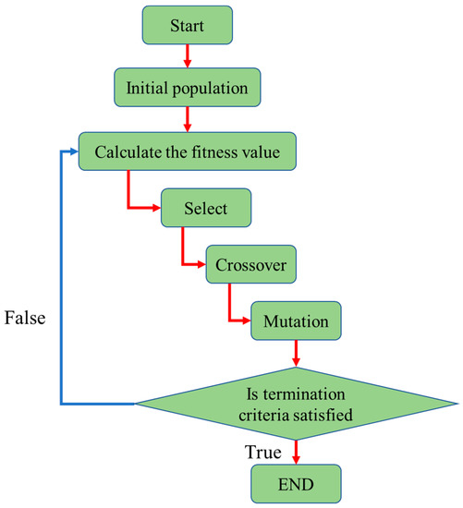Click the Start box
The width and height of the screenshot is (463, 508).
[187, 24]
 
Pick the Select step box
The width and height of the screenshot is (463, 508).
[205, 208]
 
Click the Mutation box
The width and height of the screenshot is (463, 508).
[295, 323]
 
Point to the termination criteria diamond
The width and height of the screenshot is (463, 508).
[295, 403]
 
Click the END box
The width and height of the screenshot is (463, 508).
[295, 482]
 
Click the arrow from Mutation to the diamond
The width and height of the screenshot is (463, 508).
[295, 354]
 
